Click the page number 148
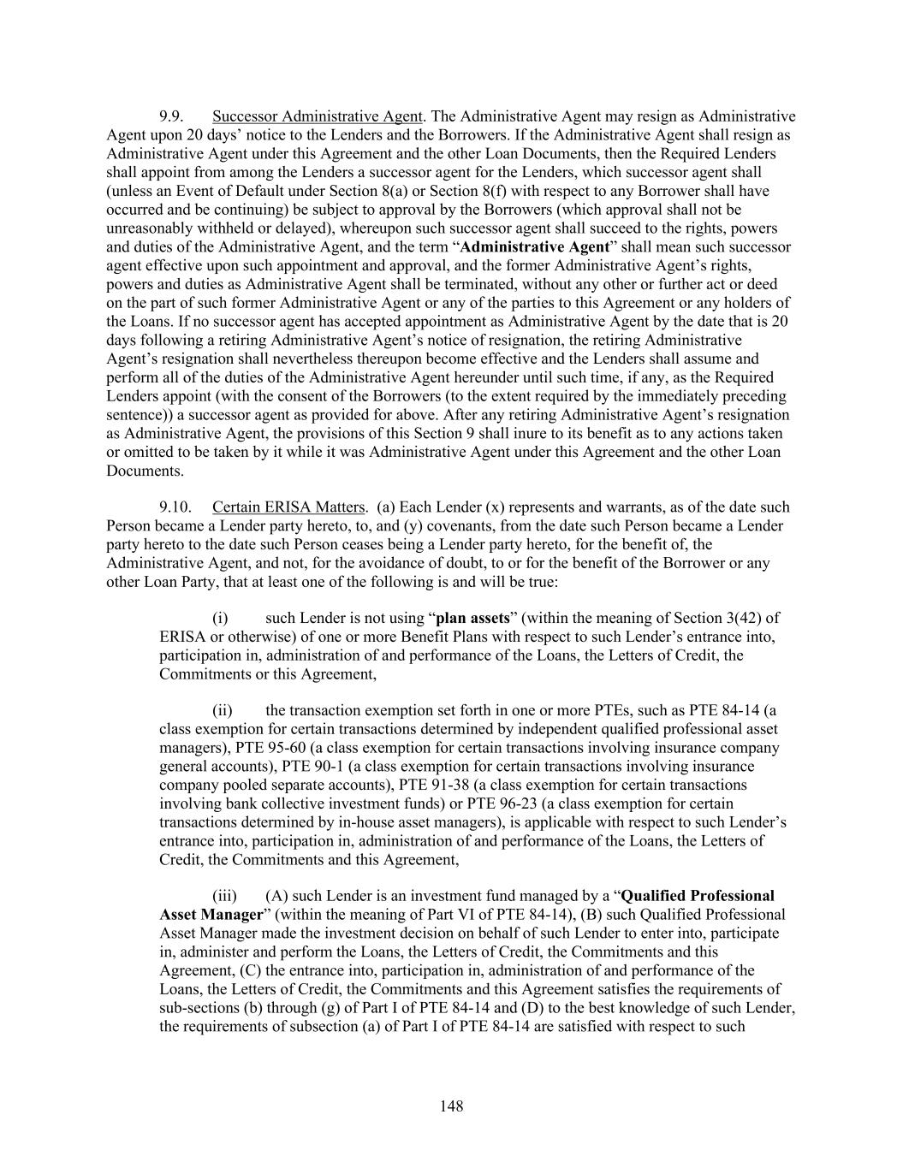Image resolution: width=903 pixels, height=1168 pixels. (x=451, y=1106)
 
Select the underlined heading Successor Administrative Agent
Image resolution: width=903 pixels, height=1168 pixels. (x=318, y=116)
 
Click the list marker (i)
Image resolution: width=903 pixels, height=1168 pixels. (x=219, y=618)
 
